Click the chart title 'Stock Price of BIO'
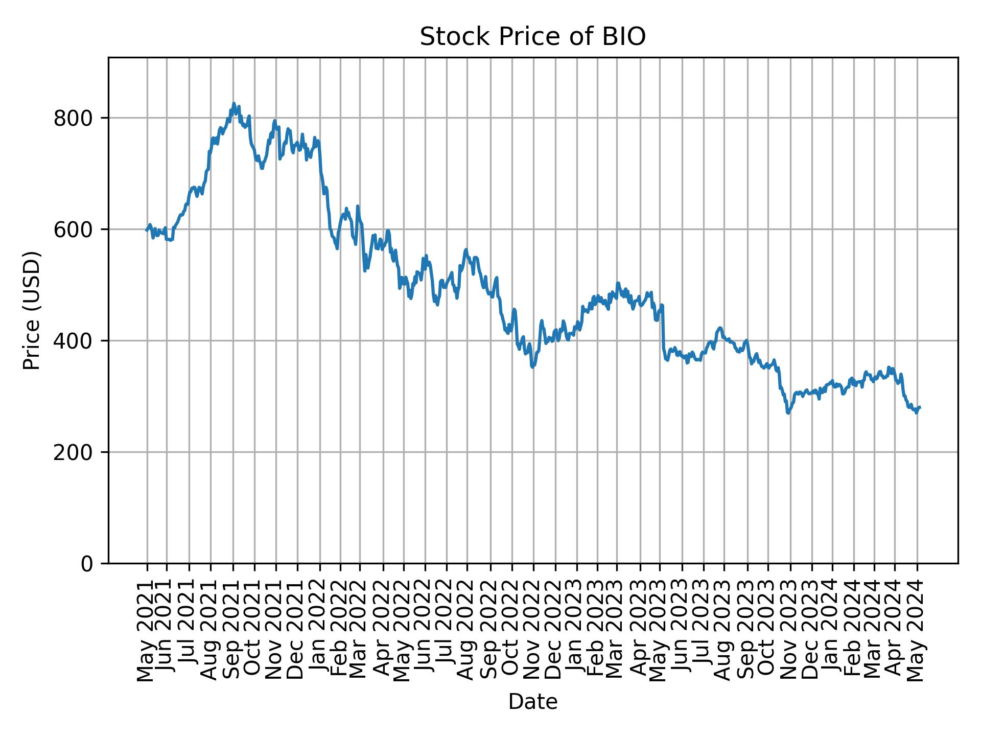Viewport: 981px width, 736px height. [532, 37]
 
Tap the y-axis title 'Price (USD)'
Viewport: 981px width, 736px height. [32, 310]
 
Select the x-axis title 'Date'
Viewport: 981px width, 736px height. [532, 702]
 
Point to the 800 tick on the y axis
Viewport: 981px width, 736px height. [73, 118]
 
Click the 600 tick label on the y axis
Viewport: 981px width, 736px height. [73, 229]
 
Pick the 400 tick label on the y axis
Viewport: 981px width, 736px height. [73, 341]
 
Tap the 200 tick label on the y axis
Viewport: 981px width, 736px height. [73, 452]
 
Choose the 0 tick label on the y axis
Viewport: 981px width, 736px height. [87, 564]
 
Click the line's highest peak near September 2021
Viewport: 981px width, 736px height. [233, 103]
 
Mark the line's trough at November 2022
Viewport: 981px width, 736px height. [532, 367]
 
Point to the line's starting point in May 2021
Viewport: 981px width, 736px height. [146, 230]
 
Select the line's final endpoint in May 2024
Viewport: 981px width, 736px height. [920, 407]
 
